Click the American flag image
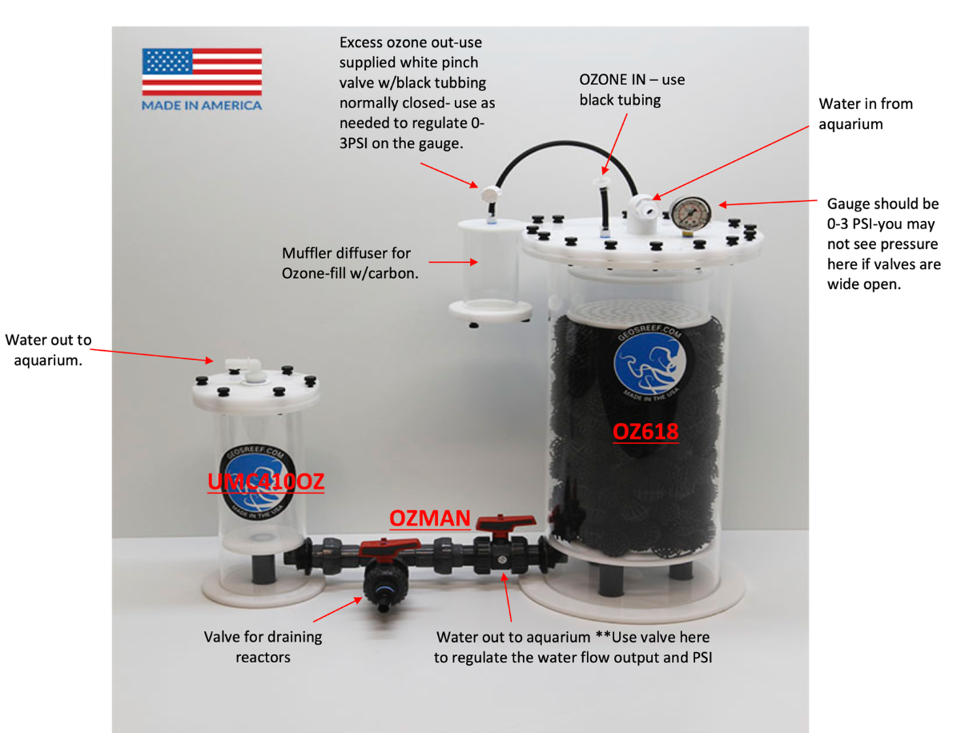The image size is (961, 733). (x=202, y=71)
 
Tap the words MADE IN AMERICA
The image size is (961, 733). (x=202, y=106)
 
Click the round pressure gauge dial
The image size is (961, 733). (x=690, y=213)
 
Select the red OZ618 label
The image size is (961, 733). (x=645, y=432)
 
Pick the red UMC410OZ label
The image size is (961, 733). (x=266, y=481)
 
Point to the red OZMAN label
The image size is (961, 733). (x=429, y=518)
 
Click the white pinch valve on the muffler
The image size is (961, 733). (x=490, y=194)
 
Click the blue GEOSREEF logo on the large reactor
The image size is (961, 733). (x=649, y=363)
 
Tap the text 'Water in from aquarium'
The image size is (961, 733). (x=866, y=114)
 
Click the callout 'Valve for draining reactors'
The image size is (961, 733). (x=263, y=646)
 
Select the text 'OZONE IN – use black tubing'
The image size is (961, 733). (x=632, y=90)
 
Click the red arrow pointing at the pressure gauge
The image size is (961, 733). (x=768, y=203)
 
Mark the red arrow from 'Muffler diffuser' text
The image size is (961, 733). (x=452, y=262)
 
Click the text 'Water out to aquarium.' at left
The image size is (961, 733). (x=48, y=350)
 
